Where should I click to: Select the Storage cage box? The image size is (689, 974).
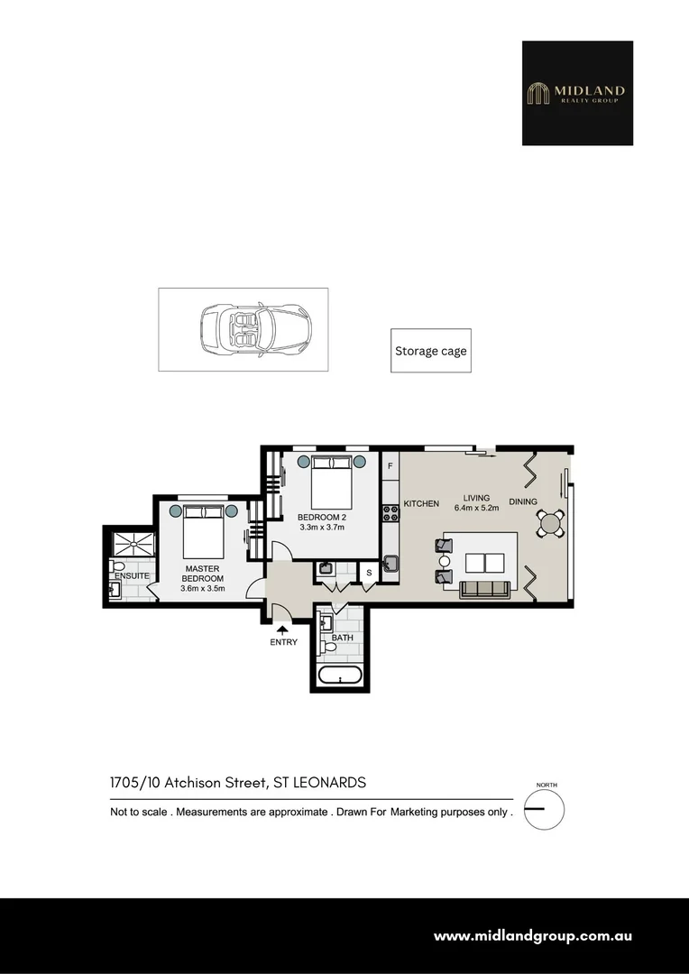coord(431,351)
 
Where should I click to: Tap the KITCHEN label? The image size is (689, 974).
coord(421,503)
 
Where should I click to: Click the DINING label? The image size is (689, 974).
coord(523,502)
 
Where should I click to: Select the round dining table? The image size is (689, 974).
coord(550,523)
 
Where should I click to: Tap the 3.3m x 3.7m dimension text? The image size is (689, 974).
coord(322,528)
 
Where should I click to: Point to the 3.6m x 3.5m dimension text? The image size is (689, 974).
coord(202,589)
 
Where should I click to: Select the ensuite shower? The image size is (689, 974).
coord(132,544)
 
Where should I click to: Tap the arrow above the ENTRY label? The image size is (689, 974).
coord(282,629)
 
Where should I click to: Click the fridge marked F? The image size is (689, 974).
coord(390,466)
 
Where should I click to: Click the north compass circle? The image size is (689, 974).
coord(544,808)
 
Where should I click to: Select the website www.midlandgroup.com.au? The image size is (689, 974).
coord(532,936)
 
